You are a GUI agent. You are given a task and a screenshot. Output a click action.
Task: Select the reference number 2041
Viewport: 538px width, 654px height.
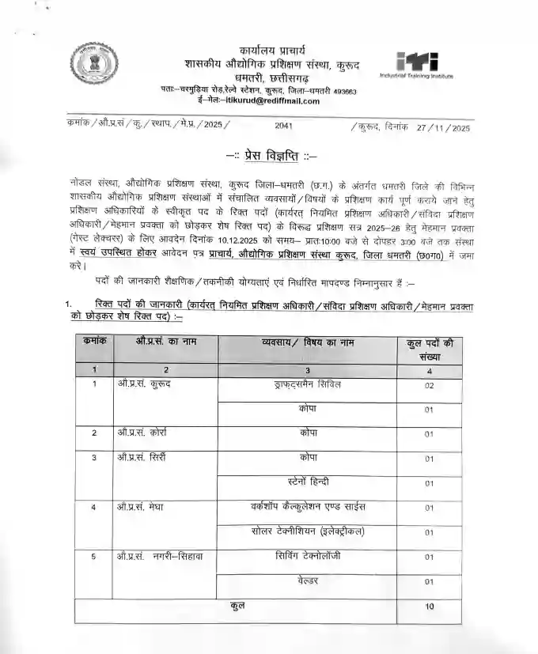click(x=284, y=127)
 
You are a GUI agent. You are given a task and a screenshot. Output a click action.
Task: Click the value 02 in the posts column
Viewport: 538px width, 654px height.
click(x=429, y=386)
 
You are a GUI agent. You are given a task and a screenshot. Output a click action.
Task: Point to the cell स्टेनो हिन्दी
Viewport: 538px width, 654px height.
click(x=308, y=481)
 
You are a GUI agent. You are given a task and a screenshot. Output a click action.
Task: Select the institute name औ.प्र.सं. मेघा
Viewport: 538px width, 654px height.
click(x=140, y=506)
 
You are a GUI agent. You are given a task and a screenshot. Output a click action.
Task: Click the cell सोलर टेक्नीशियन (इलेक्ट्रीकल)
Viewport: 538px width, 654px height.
click(x=308, y=531)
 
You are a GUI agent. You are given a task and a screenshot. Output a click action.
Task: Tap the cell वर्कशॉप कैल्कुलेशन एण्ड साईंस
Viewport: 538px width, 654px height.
click(x=308, y=506)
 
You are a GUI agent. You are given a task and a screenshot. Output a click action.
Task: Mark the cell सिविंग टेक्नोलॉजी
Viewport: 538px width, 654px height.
click(x=308, y=556)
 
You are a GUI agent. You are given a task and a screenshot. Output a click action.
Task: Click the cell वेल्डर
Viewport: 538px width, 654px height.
click(x=308, y=581)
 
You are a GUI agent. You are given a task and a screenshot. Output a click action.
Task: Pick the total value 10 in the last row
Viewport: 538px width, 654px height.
click(x=429, y=607)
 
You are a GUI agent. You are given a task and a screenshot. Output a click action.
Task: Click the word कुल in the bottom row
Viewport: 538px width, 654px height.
click(x=237, y=606)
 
